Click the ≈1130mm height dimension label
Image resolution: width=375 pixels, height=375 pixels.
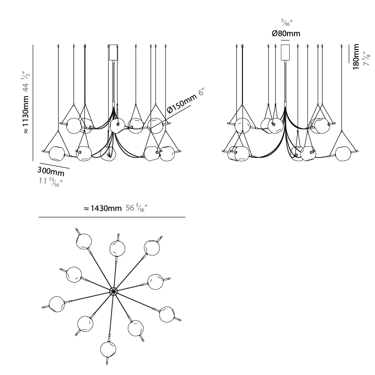26,114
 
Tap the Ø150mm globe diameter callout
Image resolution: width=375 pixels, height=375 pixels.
182,103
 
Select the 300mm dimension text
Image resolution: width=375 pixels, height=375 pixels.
51,171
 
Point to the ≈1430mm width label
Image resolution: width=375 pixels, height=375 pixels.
103,208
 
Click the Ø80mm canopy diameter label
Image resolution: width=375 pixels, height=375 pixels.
286,33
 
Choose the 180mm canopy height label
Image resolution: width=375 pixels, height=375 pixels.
356,57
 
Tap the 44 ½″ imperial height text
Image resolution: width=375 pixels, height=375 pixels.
26,81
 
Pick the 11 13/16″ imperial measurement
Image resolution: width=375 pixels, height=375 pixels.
51,181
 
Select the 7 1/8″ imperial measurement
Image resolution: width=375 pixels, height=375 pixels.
367,59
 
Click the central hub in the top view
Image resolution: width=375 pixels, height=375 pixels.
113,292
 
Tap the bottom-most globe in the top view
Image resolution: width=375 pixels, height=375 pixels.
108,349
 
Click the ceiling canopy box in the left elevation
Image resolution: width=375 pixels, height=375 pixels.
113,52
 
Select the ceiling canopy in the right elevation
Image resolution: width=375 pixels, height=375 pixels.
285,52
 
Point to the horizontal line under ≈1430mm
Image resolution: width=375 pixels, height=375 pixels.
112,217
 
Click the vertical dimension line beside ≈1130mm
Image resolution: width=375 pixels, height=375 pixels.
33,103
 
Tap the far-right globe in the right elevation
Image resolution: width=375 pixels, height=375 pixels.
344,154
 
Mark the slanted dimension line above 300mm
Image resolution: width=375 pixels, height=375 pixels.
55,166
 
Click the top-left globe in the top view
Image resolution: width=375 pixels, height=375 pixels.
84,241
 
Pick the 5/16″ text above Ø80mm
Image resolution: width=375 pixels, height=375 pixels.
287,23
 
